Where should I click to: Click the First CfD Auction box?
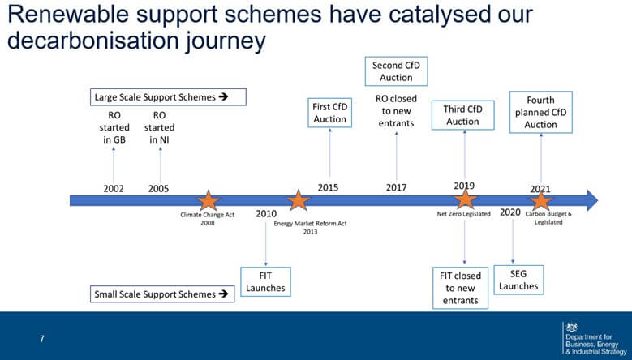330,113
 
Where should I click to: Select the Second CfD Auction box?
396,71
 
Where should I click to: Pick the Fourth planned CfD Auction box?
540,113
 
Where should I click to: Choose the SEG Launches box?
518,281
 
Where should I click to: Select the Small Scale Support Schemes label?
161,294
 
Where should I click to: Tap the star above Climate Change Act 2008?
209,200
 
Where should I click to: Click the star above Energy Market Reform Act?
299,200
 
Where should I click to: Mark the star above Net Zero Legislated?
465,199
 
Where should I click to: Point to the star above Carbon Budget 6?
541,200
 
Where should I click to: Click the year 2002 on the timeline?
114,188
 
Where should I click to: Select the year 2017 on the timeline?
396,188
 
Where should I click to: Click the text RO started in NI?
159,127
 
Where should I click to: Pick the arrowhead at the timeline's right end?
591,199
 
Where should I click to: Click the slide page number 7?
42,337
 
